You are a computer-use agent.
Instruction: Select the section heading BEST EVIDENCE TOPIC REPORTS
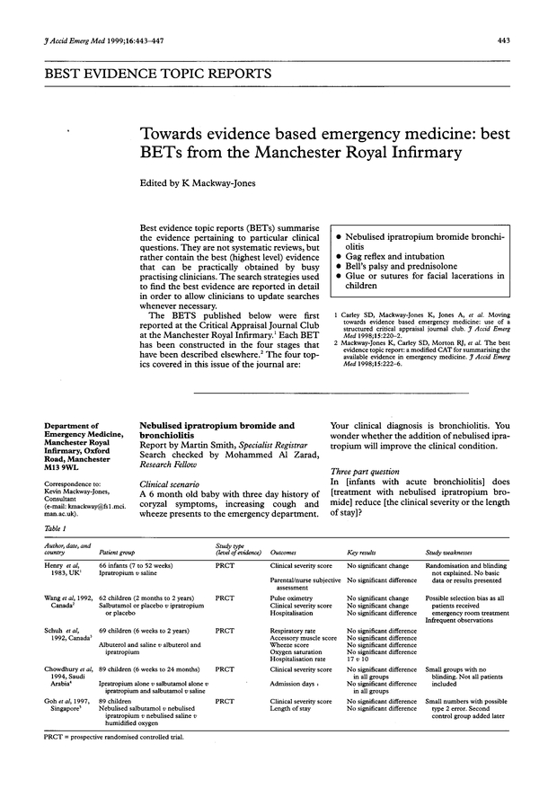click(x=143, y=72)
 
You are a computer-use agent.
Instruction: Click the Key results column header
click(x=367, y=553)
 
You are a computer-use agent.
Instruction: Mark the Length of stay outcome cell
click(x=294, y=708)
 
